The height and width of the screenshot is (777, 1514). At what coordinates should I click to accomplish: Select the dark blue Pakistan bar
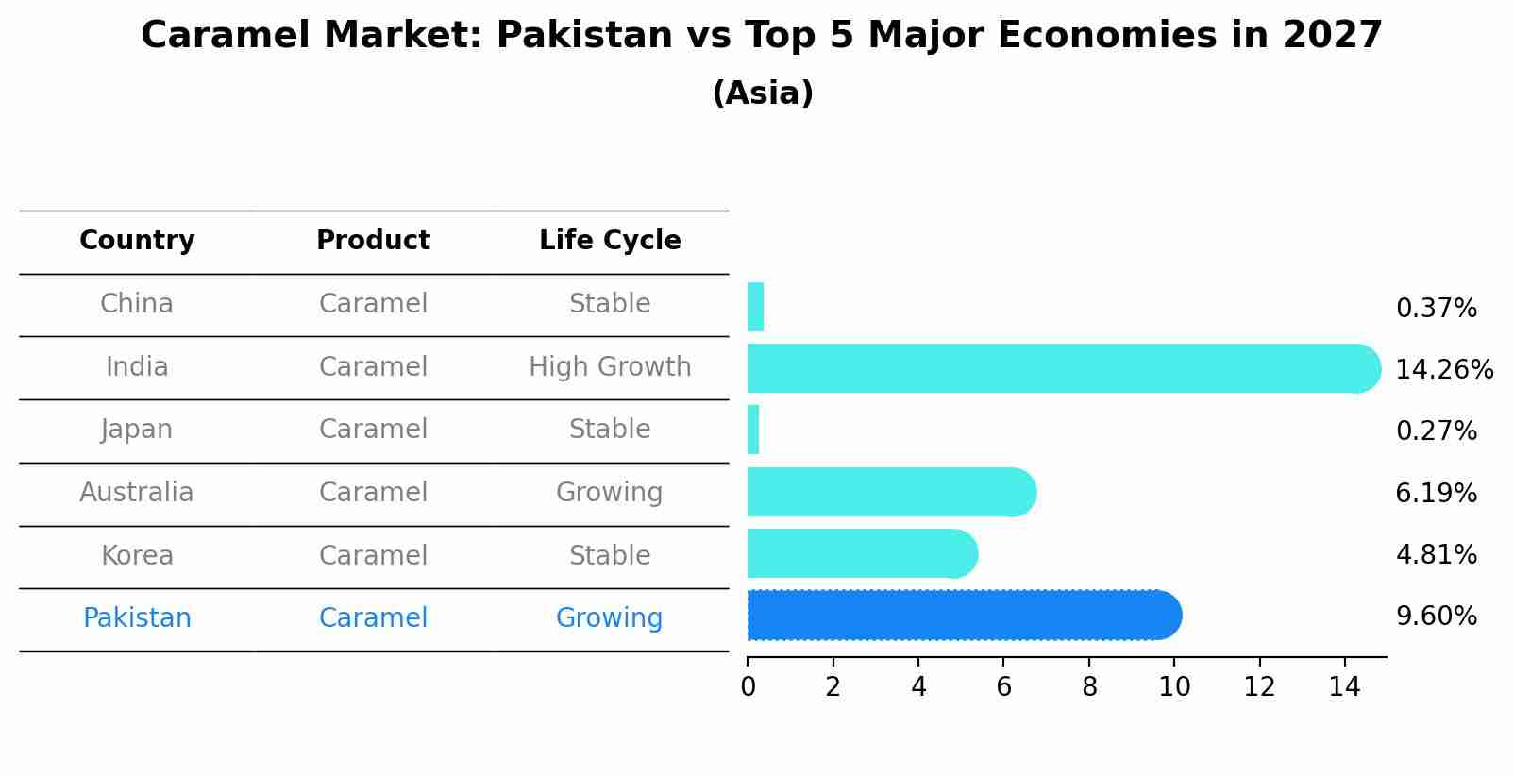tap(963, 616)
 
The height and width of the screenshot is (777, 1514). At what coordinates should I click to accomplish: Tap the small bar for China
tap(755, 307)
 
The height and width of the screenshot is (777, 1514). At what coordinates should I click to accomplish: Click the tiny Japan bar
tap(753, 430)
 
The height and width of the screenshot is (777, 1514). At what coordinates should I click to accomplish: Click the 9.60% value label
tap(1436, 617)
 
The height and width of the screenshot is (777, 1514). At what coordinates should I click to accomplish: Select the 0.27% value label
tap(1436, 431)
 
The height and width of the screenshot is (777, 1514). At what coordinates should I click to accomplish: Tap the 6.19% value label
tap(1436, 493)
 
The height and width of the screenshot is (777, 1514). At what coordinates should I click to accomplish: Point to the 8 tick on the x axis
tap(1089, 686)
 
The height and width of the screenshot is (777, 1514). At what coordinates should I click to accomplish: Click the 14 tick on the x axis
tap(1344, 686)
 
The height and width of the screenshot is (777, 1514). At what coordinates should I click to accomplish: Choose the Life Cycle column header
tap(610, 241)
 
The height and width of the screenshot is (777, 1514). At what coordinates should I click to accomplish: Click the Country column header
tap(137, 241)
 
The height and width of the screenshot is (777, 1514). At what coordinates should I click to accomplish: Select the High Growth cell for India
tap(610, 366)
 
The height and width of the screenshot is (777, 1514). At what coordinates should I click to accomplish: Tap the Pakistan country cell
tap(137, 617)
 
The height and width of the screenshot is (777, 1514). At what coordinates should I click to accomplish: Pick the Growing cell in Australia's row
tap(609, 492)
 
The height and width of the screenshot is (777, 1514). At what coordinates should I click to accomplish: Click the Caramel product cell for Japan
tap(373, 429)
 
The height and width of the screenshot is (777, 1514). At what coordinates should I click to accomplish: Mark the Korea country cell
tap(137, 555)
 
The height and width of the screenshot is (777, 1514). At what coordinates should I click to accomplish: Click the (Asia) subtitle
tap(762, 93)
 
